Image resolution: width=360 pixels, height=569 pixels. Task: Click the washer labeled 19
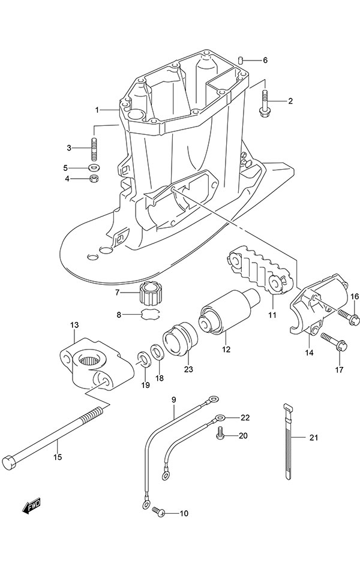click(x=144, y=360)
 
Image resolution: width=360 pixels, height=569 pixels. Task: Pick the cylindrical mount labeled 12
click(x=226, y=314)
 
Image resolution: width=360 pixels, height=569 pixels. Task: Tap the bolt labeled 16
click(x=346, y=314)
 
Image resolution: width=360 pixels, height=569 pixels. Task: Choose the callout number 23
click(x=188, y=369)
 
